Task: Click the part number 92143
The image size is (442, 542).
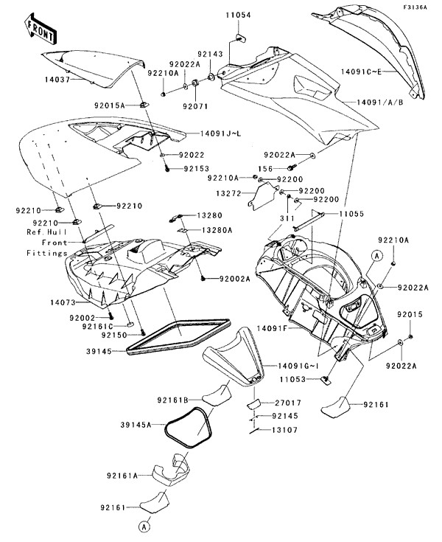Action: [x=211, y=54]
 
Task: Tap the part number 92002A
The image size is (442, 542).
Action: [x=235, y=279]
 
